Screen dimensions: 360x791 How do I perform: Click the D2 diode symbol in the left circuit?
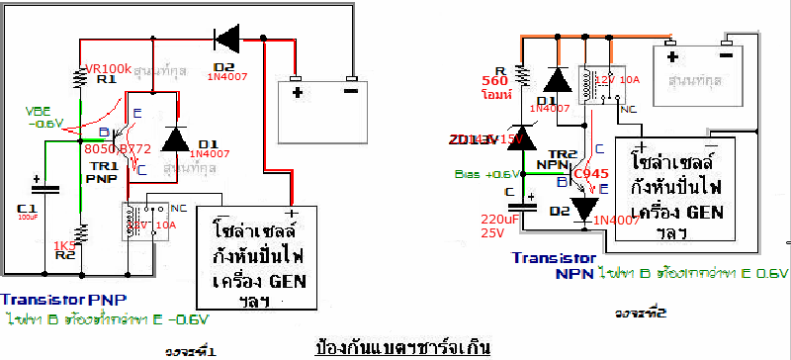pos(224,41)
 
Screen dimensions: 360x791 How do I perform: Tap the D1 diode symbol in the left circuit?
pos(175,140)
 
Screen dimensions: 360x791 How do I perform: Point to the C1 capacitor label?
pos(27,208)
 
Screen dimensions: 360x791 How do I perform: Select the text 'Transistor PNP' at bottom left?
pos(63,299)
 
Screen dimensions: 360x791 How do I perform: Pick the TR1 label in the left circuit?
pos(105,166)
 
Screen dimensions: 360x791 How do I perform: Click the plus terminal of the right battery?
pos(672,54)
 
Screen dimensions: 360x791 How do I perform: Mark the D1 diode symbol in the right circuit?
pos(557,82)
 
